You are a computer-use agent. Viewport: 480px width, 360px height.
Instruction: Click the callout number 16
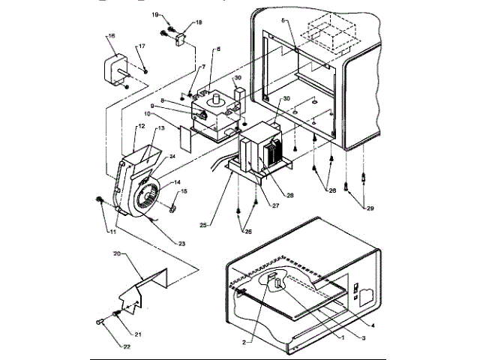111,36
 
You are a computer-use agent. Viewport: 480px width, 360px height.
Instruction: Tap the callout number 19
155,15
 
